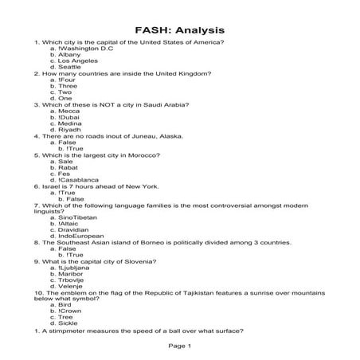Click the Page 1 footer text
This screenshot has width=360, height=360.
[179, 345]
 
